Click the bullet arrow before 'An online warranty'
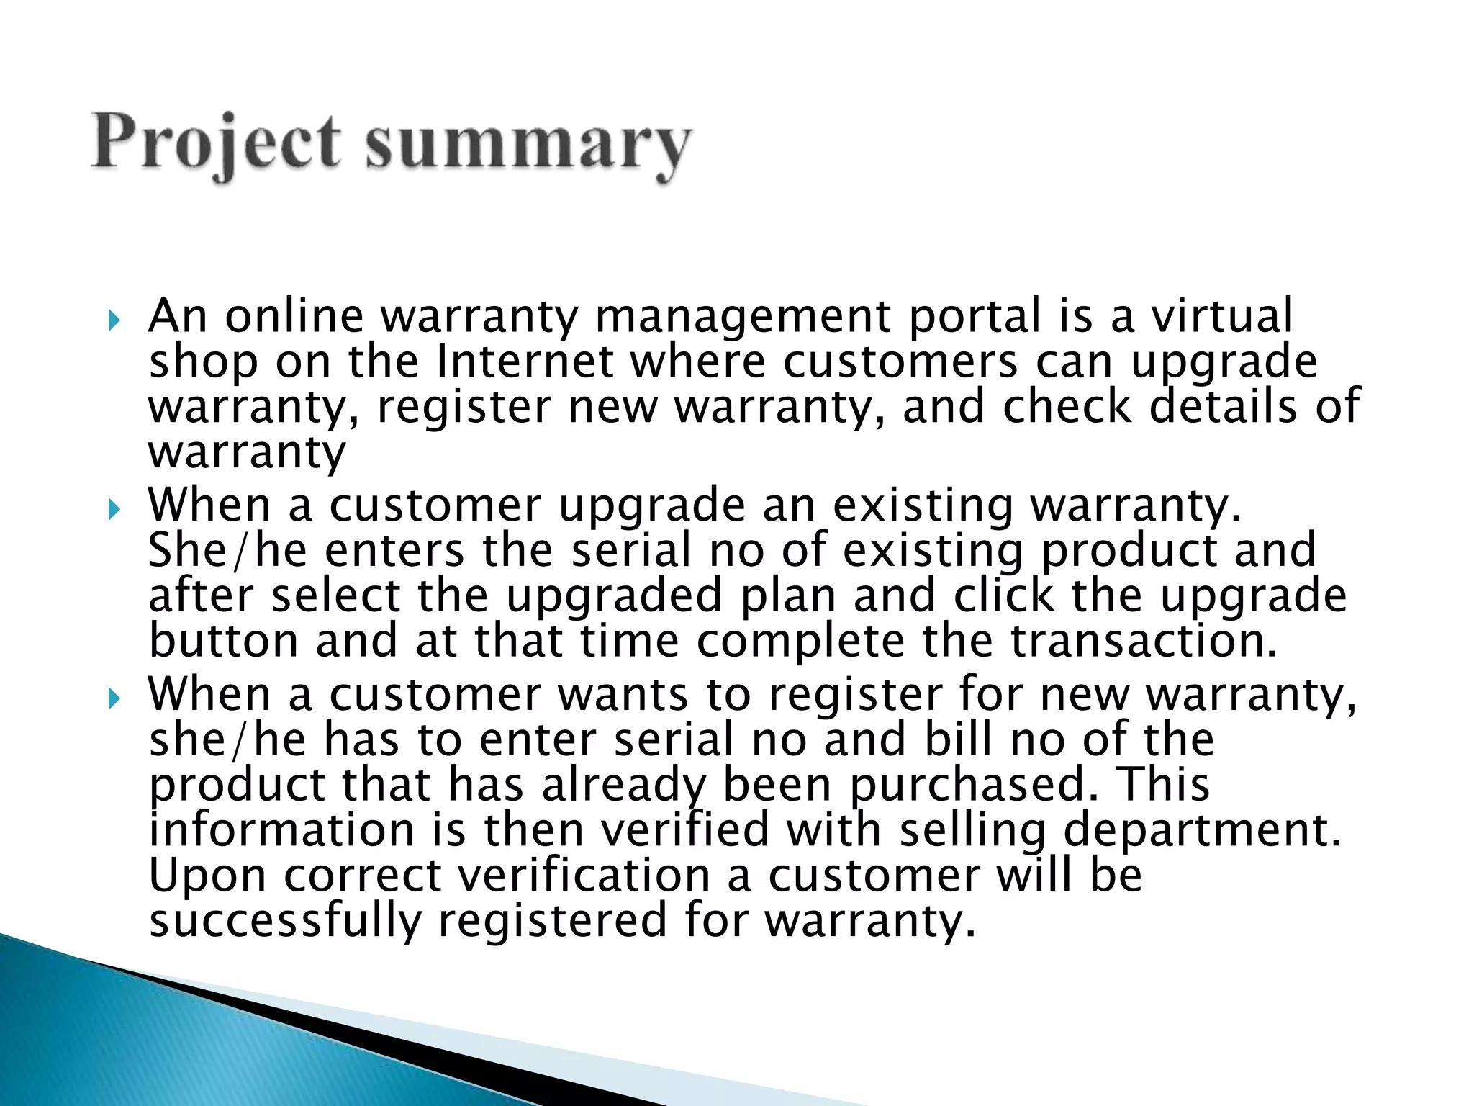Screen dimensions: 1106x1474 pyautogui.click(x=114, y=320)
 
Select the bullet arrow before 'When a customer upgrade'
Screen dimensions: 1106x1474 pyautogui.click(x=114, y=510)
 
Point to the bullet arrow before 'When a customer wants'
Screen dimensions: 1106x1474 pyautogui.click(x=114, y=698)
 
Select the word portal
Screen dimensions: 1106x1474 pyautogui.click(x=975, y=317)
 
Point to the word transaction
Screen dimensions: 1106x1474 pyautogui.click(x=1144, y=641)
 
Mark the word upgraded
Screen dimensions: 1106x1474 pyautogui.click(x=614, y=597)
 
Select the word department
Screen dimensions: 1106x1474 pyautogui.click(x=1202, y=831)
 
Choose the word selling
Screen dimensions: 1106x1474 pyautogui.click(x=972, y=831)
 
